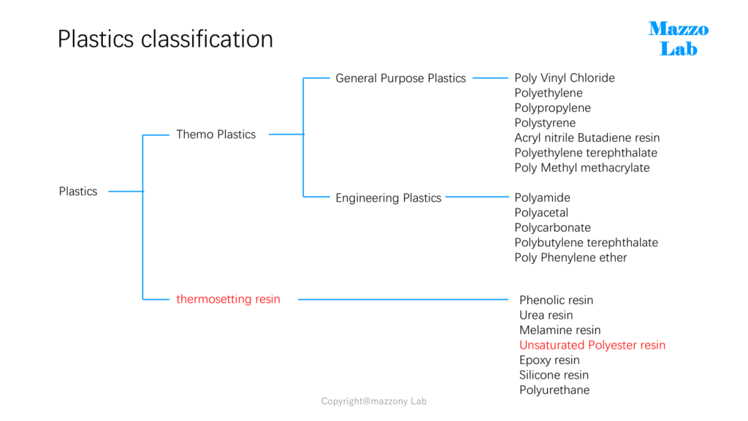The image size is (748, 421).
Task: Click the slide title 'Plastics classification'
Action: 165,39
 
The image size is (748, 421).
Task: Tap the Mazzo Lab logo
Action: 679,39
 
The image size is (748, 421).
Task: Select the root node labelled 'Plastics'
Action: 77,191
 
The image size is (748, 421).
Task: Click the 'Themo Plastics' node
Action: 215,134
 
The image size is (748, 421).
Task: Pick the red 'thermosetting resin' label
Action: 228,299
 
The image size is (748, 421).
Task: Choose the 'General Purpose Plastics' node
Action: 401,78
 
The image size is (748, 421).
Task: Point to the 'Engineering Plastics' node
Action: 389,198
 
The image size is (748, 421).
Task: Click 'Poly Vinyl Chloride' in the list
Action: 565,77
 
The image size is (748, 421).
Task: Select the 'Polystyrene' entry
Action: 545,123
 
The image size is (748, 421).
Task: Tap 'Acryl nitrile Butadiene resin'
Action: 587,138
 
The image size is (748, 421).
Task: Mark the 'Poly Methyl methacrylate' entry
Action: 582,168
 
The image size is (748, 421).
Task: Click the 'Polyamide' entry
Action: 542,197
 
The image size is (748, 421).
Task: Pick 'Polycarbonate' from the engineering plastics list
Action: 552,228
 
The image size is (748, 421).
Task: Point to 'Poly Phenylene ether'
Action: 570,258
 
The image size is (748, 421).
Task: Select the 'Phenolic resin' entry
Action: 556,300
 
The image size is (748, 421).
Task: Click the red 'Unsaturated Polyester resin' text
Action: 592,345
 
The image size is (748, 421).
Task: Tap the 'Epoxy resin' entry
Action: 549,360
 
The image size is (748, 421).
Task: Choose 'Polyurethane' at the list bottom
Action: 554,390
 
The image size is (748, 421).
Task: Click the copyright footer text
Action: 373,401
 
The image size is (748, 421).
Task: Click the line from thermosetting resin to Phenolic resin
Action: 403,299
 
